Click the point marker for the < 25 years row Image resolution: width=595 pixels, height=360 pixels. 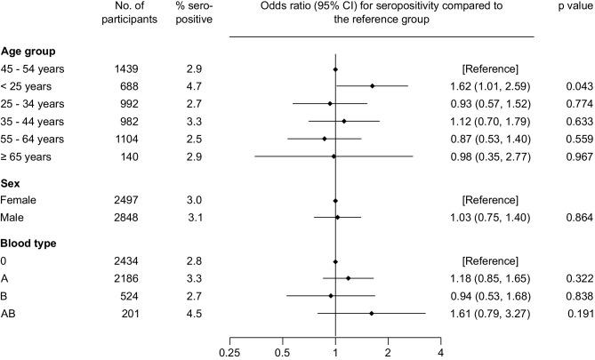(x=372, y=86)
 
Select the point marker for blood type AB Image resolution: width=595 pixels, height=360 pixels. (x=371, y=314)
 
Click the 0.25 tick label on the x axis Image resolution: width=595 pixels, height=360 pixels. (x=229, y=352)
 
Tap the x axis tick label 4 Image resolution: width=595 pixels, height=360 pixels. (x=441, y=352)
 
